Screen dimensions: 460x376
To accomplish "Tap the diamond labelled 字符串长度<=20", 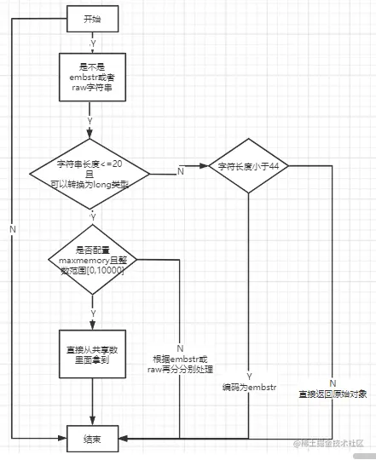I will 90,174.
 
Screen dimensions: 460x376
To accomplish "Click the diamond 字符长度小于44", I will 249,167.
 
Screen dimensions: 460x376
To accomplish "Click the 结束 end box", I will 91,439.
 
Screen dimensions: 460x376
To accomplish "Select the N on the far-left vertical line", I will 12,230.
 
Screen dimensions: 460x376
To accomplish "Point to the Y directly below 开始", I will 91,42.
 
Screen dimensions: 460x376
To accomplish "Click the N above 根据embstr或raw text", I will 181,348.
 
